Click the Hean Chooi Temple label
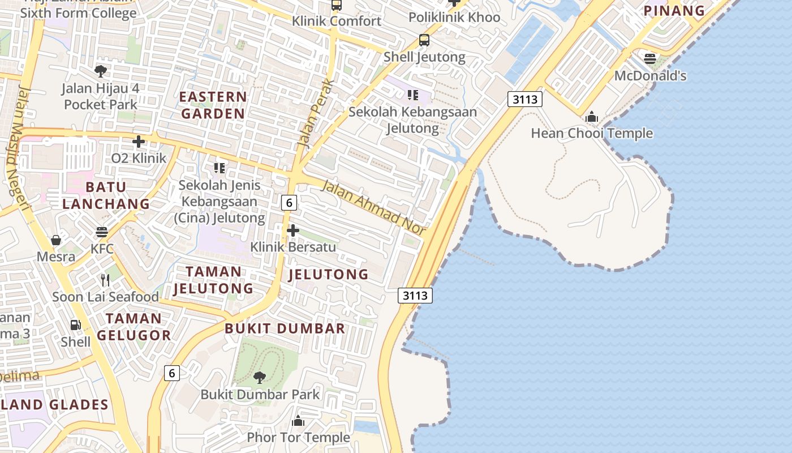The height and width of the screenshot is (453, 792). point(592,134)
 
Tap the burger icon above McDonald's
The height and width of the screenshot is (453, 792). point(649,58)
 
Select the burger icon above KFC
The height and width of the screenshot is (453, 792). point(102,232)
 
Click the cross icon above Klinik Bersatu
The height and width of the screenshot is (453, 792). point(293,230)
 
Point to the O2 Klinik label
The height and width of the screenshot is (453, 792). point(139,158)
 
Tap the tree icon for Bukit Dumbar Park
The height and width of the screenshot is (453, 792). point(260,378)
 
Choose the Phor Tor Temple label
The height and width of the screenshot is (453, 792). point(298,437)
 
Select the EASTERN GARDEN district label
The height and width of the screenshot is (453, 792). point(213,105)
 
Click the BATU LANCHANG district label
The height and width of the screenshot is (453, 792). point(106,195)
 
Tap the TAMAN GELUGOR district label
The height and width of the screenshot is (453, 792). point(134,327)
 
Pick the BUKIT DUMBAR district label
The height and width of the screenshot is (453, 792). point(285,328)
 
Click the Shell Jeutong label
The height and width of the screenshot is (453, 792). point(424,57)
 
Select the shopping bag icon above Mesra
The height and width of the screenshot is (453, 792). point(56,241)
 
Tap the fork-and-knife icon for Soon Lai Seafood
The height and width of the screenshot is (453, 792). point(105,280)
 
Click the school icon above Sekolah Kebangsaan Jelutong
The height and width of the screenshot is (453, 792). point(412,95)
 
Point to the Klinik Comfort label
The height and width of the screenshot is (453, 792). point(337,22)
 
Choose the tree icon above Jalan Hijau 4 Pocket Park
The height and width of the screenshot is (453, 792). point(101,71)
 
